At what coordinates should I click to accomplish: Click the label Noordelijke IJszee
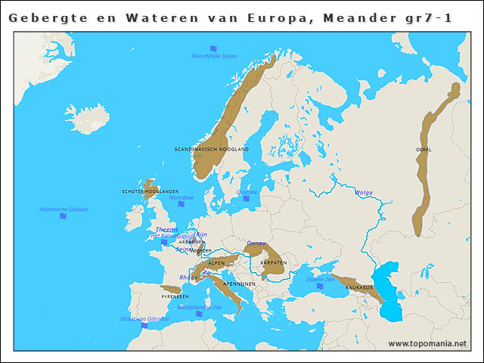pyautogui.click(x=214, y=56)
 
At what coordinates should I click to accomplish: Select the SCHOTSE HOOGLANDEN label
pyautogui.click(x=150, y=191)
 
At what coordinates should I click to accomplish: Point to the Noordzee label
pyautogui.click(x=181, y=197)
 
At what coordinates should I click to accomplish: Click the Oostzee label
pyautogui.click(x=247, y=192)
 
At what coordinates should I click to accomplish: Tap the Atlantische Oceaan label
pyautogui.click(x=64, y=209)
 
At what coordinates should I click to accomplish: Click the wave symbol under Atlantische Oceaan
pyautogui.click(x=64, y=216)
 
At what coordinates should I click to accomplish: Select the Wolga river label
pyautogui.click(x=363, y=193)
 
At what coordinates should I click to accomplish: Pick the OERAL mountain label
pyautogui.click(x=423, y=150)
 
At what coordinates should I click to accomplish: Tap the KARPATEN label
pyautogui.click(x=273, y=262)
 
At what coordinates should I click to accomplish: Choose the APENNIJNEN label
pyautogui.click(x=236, y=283)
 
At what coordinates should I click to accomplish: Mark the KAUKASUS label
pyautogui.click(x=358, y=287)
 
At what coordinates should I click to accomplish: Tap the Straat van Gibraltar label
pyautogui.click(x=144, y=319)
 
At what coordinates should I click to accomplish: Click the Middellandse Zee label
pyautogui.click(x=199, y=308)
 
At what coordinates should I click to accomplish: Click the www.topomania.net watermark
pyautogui.click(x=427, y=344)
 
